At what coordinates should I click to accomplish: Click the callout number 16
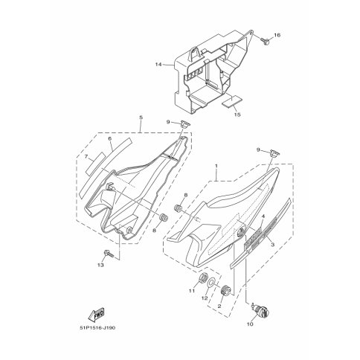click(277, 35)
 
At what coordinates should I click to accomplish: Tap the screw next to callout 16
click(265, 41)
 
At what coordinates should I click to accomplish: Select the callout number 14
click(158, 65)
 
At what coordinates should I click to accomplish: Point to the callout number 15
click(237, 115)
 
